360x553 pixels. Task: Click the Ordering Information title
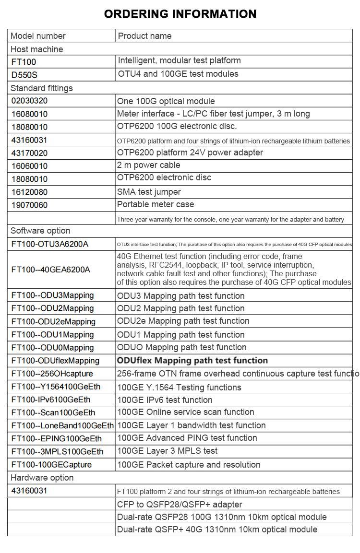coord(180,14)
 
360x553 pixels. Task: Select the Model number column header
coord(38,36)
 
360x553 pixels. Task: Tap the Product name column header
coord(144,36)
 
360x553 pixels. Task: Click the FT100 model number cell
coord(24,62)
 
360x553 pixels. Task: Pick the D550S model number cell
coord(24,75)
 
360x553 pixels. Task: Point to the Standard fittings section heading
coord(42,88)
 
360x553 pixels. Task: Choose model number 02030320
coord(30,101)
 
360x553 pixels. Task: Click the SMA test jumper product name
coord(149,192)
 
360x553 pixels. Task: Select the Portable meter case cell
coord(156,204)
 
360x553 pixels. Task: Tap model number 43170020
coord(30,153)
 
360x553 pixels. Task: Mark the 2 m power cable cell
coord(149,165)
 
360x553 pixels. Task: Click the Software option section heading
coord(40,231)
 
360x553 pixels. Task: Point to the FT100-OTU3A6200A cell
coord(50,244)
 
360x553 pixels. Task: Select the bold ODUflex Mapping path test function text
coord(192,361)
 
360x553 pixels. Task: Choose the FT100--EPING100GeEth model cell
coord(57,438)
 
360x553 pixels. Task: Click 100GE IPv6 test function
coord(165,400)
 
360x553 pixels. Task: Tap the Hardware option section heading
coord(42,478)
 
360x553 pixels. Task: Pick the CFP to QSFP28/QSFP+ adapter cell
coord(180,505)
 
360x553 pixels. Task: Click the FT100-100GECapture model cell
coord(51,465)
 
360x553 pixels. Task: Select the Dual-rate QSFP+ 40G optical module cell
coord(217,529)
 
